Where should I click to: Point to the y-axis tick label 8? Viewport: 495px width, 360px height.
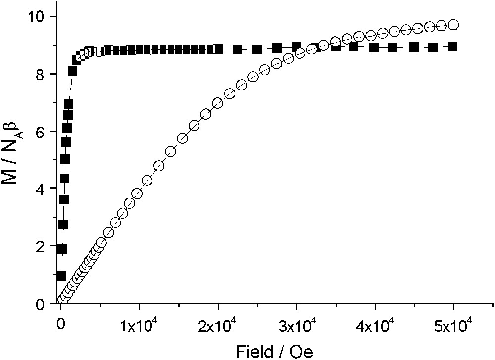click(x=42, y=74)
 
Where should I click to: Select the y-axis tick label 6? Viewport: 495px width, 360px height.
click(x=42, y=132)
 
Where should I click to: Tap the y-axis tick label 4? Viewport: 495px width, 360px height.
click(x=42, y=189)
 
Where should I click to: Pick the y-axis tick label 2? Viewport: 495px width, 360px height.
click(x=42, y=246)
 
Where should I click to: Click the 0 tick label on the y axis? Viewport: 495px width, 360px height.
click(x=42, y=304)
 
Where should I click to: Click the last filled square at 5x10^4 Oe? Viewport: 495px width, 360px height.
click(x=452, y=46)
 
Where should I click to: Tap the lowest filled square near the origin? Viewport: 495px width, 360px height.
click(x=62, y=275)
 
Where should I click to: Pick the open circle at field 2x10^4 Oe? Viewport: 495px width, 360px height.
click(x=218, y=103)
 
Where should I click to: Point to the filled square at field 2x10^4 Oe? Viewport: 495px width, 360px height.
click(x=218, y=49)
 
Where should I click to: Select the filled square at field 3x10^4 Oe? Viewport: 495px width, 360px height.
click(x=296, y=47)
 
